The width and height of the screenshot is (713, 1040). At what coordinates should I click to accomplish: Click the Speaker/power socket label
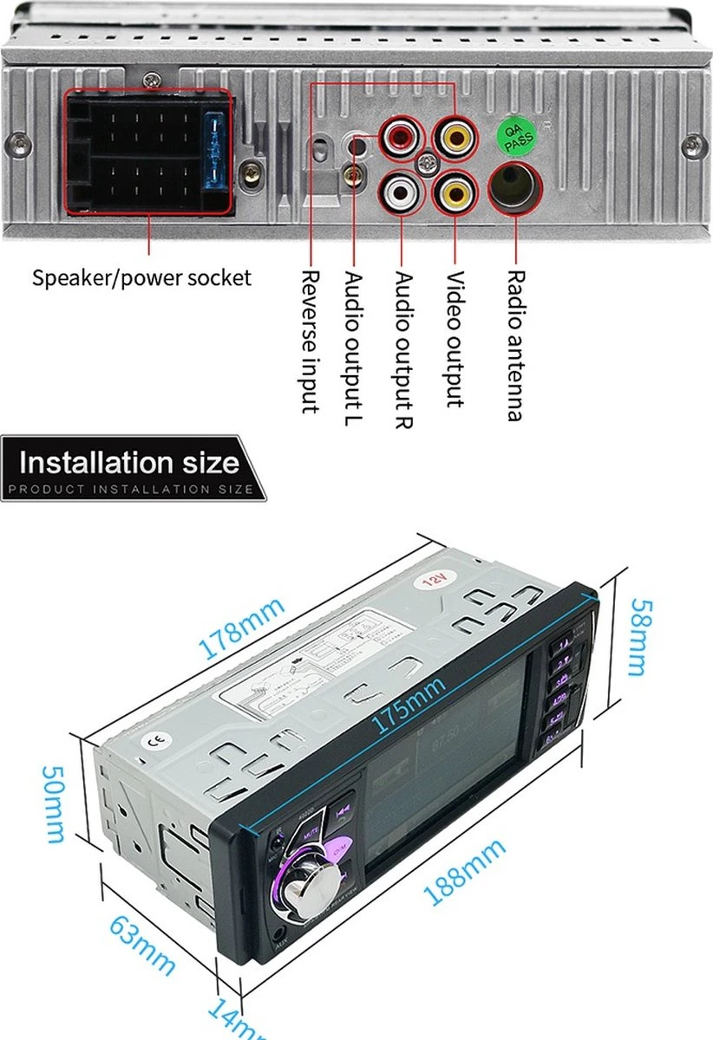click(141, 278)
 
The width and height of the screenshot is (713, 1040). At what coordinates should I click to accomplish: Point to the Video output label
click(455, 339)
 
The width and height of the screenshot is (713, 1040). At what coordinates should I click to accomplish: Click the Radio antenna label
click(514, 345)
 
